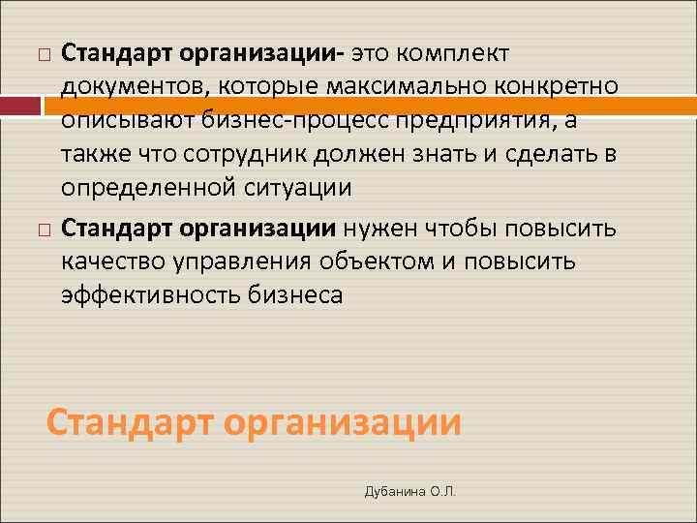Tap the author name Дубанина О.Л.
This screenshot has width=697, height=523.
(x=409, y=492)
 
